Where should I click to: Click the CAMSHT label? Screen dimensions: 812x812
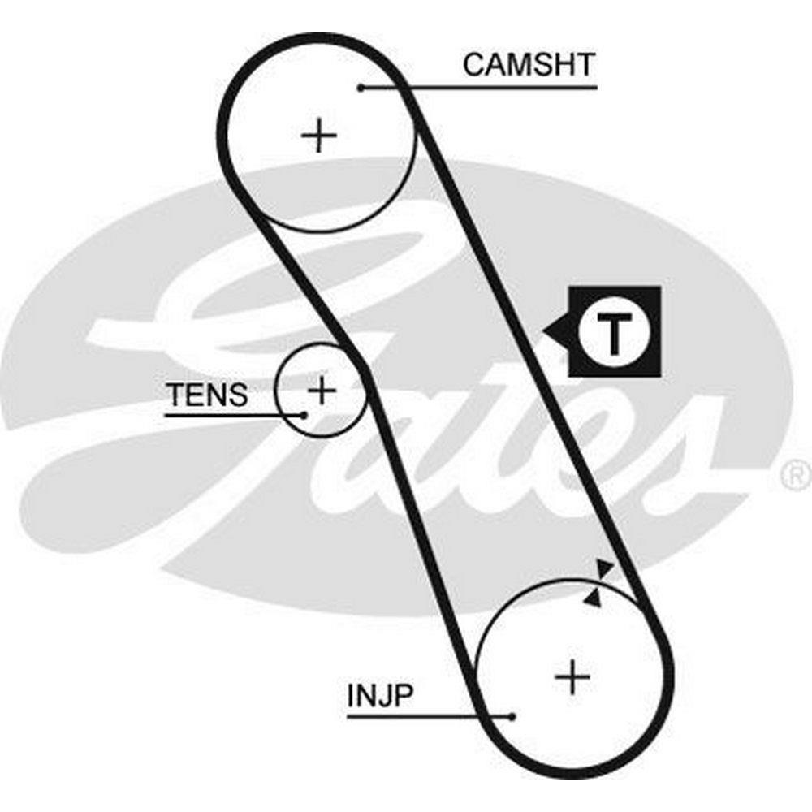pyautogui.click(x=529, y=64)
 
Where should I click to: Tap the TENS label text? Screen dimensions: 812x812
pyautogui.click(x=207, y=395)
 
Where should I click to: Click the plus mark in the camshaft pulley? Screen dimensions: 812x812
pyautogui.click(x=319, y=136)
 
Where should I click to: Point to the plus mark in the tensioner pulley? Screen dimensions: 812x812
pyautogui.click(x=322, y=391)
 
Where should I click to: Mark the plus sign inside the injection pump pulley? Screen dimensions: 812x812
pyautogui.click(x=573, y=676)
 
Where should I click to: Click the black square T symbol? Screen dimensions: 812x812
pyautogui.click(x=615, y=331)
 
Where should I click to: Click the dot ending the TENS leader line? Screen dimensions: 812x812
pyautogui.click(x=304, y=415)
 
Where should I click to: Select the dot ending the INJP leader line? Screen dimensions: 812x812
pyautogui.click(x=512, y=715)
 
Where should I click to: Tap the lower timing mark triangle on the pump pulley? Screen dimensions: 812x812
pyautogui.click(x=593, y=598)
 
